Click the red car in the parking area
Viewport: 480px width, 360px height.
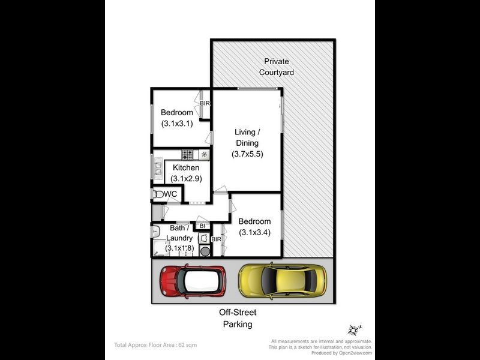pos(193,281)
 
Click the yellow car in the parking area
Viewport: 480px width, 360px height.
pos(282,280)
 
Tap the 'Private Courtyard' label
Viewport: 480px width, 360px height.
pos(276,67)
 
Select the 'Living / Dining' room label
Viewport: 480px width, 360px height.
pos(247,137)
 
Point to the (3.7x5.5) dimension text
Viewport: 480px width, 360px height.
pos(247,154)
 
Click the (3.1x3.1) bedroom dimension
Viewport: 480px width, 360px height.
pos(177,124)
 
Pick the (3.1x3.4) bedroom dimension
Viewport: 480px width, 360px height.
pos(254,233)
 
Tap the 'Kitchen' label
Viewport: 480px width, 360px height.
pos(185,168)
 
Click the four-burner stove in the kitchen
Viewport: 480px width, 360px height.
pos(188,155)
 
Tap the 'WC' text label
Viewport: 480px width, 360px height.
pos(170,194)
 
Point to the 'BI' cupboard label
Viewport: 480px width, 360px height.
pos(202,226)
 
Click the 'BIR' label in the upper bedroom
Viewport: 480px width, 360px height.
pos(205,103)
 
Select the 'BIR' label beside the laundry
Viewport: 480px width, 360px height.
pos(217,239)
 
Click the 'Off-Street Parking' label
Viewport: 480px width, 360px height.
pos(238,319)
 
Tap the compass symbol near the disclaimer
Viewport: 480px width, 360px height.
pos(353,329)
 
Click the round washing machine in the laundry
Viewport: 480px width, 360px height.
pos(205,251)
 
